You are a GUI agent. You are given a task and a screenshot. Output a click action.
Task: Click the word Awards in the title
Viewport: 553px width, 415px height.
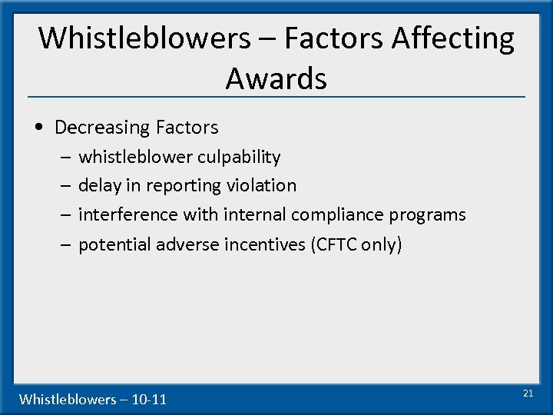pos(276,78)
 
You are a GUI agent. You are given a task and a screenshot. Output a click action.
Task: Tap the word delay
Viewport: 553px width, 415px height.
pos(99,185)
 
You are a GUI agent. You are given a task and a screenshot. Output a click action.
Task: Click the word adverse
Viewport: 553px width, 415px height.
pos(187,244)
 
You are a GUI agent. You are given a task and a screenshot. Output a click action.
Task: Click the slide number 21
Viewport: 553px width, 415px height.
pos(528,393)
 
